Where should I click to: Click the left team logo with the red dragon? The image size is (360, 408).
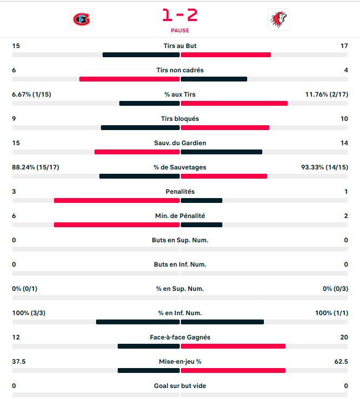click(81, 20)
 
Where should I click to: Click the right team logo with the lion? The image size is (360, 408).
click(278, 20)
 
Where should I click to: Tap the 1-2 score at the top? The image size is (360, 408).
click(180, 15)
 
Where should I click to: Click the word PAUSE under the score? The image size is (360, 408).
click(180, 31)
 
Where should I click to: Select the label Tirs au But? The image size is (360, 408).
click(180, 46)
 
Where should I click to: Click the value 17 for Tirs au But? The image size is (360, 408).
click(344, 46)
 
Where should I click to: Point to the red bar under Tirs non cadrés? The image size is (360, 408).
click(129, 79)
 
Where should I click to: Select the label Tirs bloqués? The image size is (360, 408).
click(180, 119)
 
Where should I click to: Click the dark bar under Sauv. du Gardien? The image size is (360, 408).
click(221, 152)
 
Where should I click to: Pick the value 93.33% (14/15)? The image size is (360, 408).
click(324, 167)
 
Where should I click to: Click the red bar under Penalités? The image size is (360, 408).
click(117, 201)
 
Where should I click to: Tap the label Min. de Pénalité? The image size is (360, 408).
click(180, 216)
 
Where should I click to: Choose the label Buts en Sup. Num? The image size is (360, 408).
click(180, 240)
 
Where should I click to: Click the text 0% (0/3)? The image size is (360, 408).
click(335, 289)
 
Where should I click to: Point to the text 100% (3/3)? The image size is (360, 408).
click(28, 313)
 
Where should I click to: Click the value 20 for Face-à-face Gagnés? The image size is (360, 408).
click(344, 337)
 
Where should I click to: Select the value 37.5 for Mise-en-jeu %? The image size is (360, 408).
click(19, 362)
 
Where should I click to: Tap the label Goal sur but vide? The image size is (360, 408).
click(180, 386)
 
